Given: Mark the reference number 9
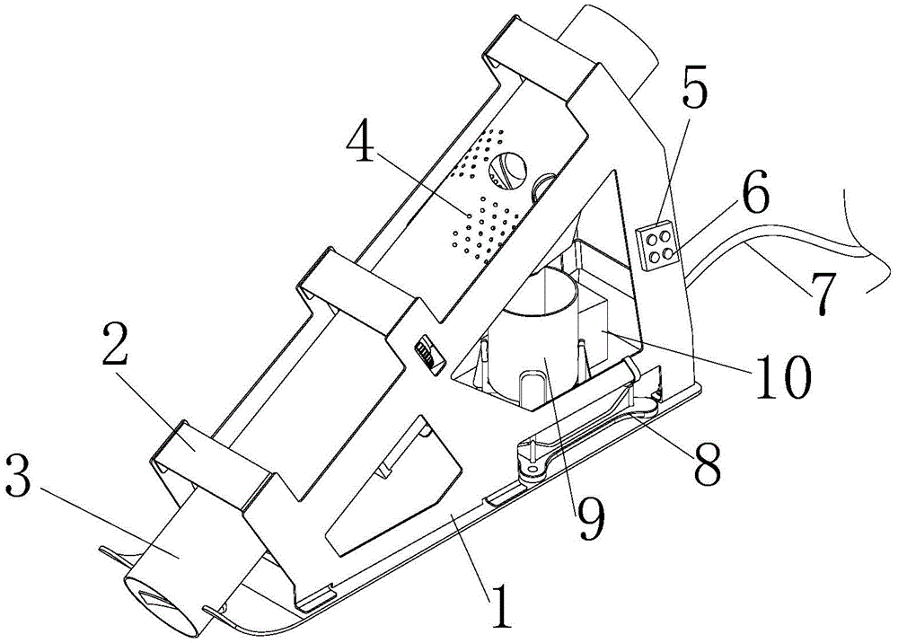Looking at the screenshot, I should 590,509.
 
